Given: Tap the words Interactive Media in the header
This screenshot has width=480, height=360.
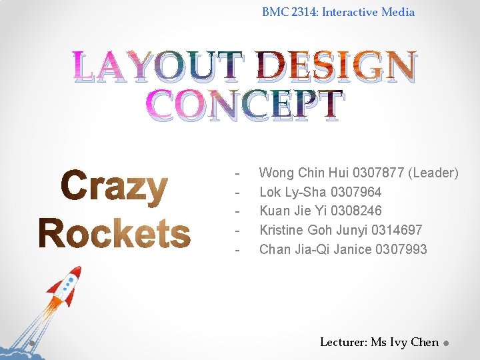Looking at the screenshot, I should tap(368, 12).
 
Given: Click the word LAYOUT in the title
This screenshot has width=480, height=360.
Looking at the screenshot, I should tap(159, 67).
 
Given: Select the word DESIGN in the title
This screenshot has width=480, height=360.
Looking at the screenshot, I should tap(337, 67).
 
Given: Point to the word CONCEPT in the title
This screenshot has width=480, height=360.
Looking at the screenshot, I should tap(245, 107).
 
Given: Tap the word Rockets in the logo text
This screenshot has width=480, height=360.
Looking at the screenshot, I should tap(114, 234).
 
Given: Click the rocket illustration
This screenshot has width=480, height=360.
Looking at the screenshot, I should tap(63, 287).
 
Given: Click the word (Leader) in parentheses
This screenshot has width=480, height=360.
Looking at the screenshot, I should tap(433, 173).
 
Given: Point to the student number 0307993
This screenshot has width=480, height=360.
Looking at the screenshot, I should tap(401, 250).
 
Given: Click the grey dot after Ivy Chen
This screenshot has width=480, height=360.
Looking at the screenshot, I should tap(447, 343).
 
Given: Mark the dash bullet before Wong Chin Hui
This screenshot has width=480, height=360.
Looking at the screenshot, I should tap(237, 173).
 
